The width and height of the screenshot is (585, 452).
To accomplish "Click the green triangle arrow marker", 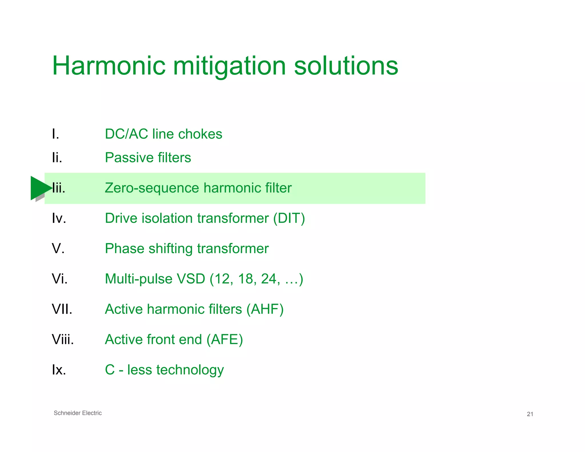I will (x=40, y=188).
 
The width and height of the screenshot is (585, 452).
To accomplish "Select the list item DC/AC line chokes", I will (x=163, y=134).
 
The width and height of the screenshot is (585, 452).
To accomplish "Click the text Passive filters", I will (x=148, y=157).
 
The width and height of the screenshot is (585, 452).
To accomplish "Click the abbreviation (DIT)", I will (x=289, y=218).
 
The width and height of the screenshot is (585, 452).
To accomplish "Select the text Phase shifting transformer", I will (x=187, y=249).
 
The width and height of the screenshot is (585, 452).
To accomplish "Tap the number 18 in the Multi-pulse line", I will (x=245, y=279).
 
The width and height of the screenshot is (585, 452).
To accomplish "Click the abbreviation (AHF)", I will (x=265, y=309).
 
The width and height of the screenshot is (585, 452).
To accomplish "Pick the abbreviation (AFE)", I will (x=225, y=339).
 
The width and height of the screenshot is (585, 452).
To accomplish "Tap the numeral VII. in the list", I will (x=62, y=309).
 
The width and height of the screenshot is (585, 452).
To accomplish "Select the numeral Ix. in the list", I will (x=59, y=370).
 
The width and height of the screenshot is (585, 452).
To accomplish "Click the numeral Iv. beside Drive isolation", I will (x=59, y=218).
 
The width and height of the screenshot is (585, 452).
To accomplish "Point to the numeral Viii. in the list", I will (x=63, y=339).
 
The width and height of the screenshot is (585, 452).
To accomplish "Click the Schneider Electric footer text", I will (x=78, y=413).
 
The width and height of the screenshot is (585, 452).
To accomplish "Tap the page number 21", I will (x=530, y=414).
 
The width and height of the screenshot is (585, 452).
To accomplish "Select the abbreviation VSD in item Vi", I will (x=191, y=279).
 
